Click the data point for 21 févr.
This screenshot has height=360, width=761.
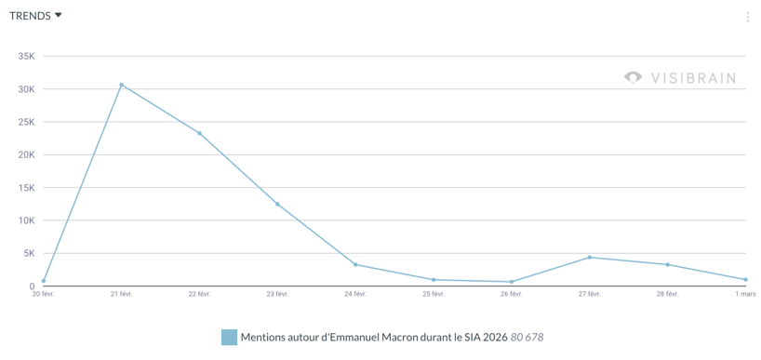[x=121, y=85]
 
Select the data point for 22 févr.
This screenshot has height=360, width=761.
[x=199, y=133]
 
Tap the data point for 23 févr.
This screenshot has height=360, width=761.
[x=277, y=204]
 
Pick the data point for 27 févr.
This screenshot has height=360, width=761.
[x=590, y=257]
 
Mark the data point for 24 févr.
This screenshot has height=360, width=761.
[x=355, y=264]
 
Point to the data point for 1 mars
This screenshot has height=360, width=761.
[x=745, y=279]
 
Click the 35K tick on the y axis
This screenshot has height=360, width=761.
[x=26, y=57]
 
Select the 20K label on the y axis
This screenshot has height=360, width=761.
[x=26, y=154]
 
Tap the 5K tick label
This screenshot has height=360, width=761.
[x=28, y=253]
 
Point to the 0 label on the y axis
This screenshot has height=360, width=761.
[x=32, y=287]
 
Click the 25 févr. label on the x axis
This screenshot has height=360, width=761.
[x=434, y=295]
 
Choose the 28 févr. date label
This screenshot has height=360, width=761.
[x=667, y=295]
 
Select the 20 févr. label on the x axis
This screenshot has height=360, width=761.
[x=43, y=295]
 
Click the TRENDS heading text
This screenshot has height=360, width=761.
[x=30, y=16]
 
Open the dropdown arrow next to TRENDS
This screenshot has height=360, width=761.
[x=59, y=15]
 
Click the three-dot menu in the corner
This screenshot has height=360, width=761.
[x=747, y=17]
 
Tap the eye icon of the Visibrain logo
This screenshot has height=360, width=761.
[x=634, y=77]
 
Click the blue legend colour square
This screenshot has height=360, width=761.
[x=229, y=337]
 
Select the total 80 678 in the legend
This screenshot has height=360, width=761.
[x=527, y=337]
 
